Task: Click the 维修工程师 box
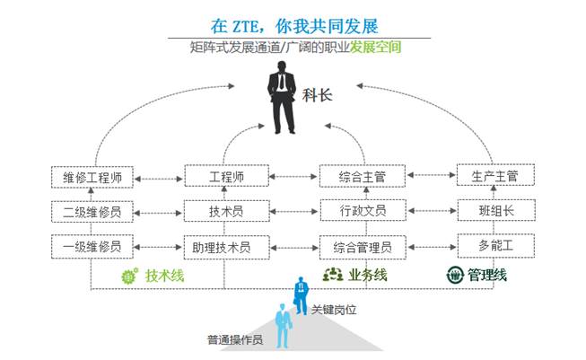[x=92, y=178]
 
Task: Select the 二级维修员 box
[x=92, y=212]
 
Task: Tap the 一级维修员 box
[x=92, y=245]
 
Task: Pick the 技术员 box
[x=226, y=212]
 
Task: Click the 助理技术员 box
[x=226, y=245]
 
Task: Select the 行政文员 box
[x=363, y=212]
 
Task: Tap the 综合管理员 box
[x=363, y=245]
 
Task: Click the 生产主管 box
[x=494, y=176]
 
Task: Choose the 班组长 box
[x=494, y=211]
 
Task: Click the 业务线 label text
[x=368, y=275]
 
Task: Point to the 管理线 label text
[x=485, y=275]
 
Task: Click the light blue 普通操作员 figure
[x=284, y=327]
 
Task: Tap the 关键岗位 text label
[x=334, y=310]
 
